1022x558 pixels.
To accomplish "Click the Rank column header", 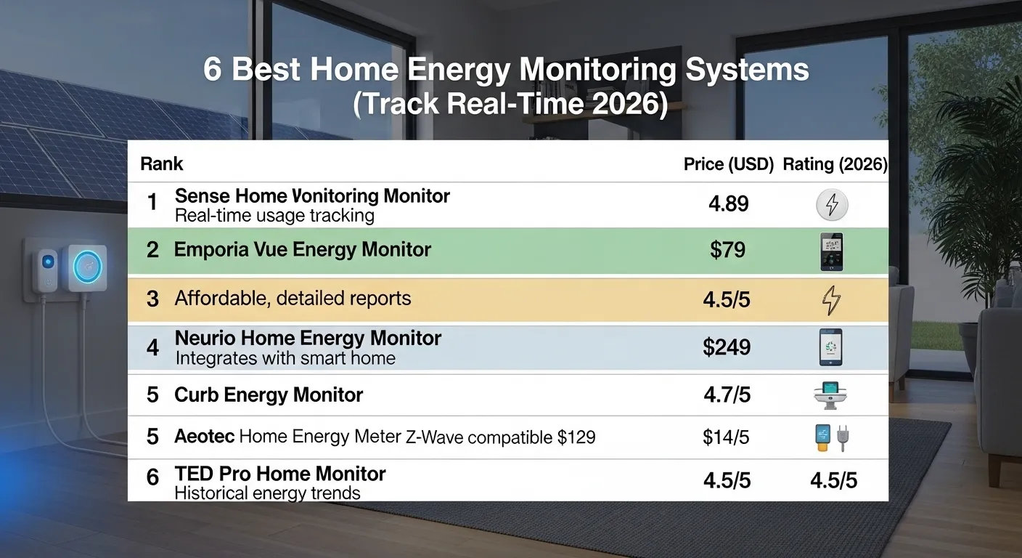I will pyautogui.click(x=161, y=164).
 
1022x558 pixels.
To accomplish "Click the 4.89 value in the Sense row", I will pyautogui.click(x=728, y=204).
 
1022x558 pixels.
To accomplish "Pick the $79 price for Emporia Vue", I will pyautogui.click(x=728, y=251).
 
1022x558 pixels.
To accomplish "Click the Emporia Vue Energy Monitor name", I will pyautogui.click(x=303, y=251).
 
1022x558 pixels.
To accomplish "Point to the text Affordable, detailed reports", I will pyautogui.click(x=293, y=299).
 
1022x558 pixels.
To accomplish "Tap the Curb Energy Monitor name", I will pyautogui.click(x=269, y=395).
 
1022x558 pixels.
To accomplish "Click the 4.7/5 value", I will pyautogui.click(x=727, y=395).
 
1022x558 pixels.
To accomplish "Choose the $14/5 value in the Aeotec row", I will pyautogui.click(x=727, y=437).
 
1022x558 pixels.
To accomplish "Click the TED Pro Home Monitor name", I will pyautogui.click(x=280, y=474).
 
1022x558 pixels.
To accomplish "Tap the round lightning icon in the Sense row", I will pyautogui.click(x=832, y=204).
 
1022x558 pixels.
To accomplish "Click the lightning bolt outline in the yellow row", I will pyautogui.click(x=832, y=299).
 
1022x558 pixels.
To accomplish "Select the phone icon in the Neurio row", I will pyautogui.click(x=832, y=347).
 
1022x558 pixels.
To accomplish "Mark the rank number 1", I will pyautogui.click(x=152, y=203).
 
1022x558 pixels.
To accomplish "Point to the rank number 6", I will pyautogui.click(x=152, y=477).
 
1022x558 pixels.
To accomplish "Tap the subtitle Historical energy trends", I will pyautogui.click(x=267, y=493).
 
